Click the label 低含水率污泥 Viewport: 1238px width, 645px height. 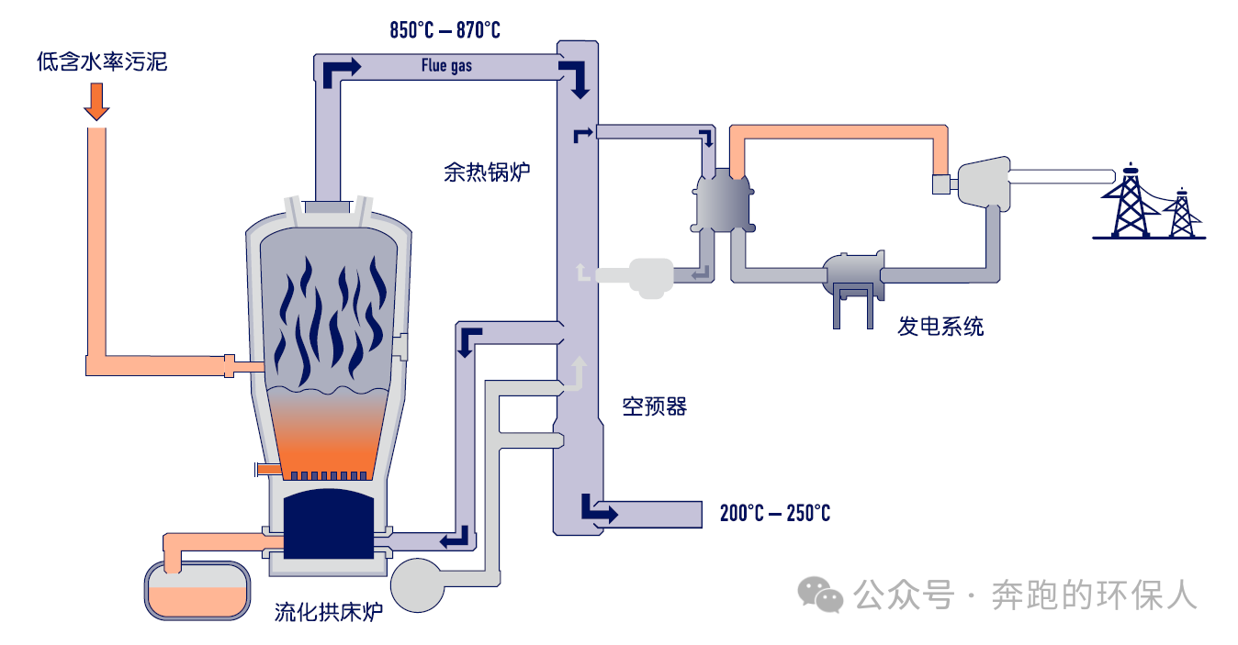[102, 62]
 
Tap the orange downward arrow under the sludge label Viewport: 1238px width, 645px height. [96, 101]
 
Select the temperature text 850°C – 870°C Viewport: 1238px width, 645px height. [445, 30]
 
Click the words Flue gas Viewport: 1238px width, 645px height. [446, 65]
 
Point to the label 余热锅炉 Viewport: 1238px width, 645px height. [486, 172]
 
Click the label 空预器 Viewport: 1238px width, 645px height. [654, 406]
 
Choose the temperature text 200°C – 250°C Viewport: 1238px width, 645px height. [774, 513]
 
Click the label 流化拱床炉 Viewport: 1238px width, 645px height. [328, 612]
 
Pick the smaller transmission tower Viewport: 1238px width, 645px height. [1181, 214]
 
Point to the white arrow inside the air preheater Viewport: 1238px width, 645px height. [578, 372]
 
